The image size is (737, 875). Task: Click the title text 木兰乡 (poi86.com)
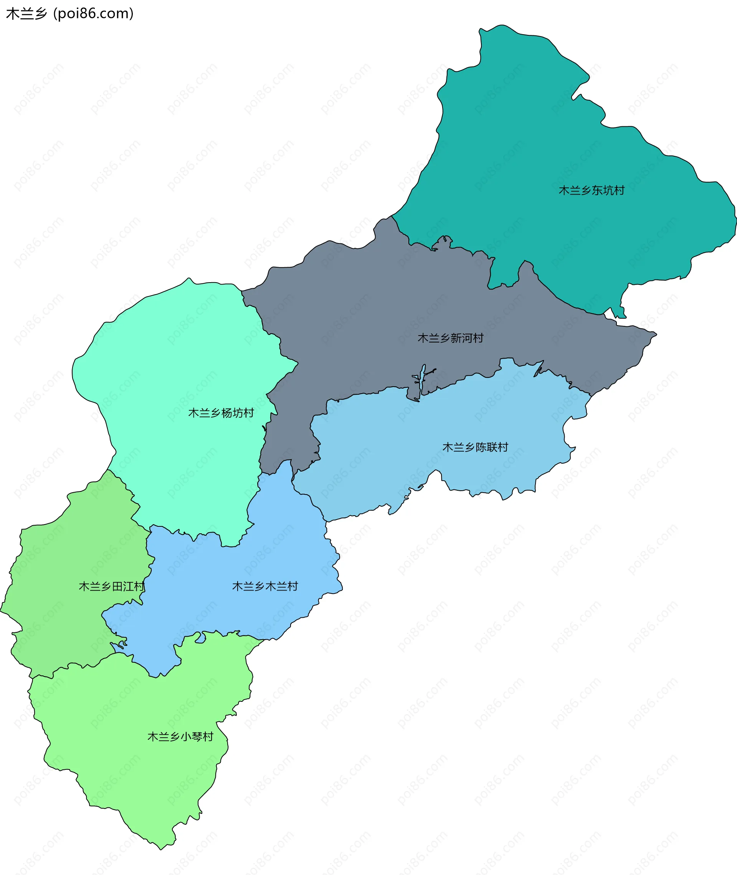point(70,14)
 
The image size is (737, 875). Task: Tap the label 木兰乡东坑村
point(591,190)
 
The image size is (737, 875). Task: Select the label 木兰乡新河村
point(450,338)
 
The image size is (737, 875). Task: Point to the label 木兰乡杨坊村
point(221,413)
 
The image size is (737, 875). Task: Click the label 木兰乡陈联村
point(475,447)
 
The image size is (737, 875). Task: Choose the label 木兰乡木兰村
point(265,586)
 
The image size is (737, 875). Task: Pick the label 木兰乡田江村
point(112,586)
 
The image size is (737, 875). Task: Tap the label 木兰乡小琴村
point(180,737)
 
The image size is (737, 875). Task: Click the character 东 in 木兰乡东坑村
point(597,190)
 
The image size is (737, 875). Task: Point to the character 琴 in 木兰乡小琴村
point(197,737)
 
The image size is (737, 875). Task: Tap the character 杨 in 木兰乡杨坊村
point(227,413)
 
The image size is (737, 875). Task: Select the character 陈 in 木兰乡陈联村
point(481,447)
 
